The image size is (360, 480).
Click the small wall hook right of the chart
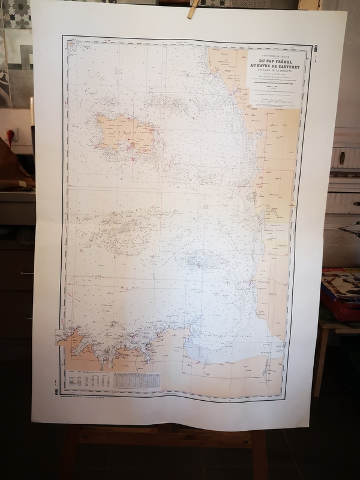(342, 158)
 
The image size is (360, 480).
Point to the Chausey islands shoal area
(198, 261)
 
